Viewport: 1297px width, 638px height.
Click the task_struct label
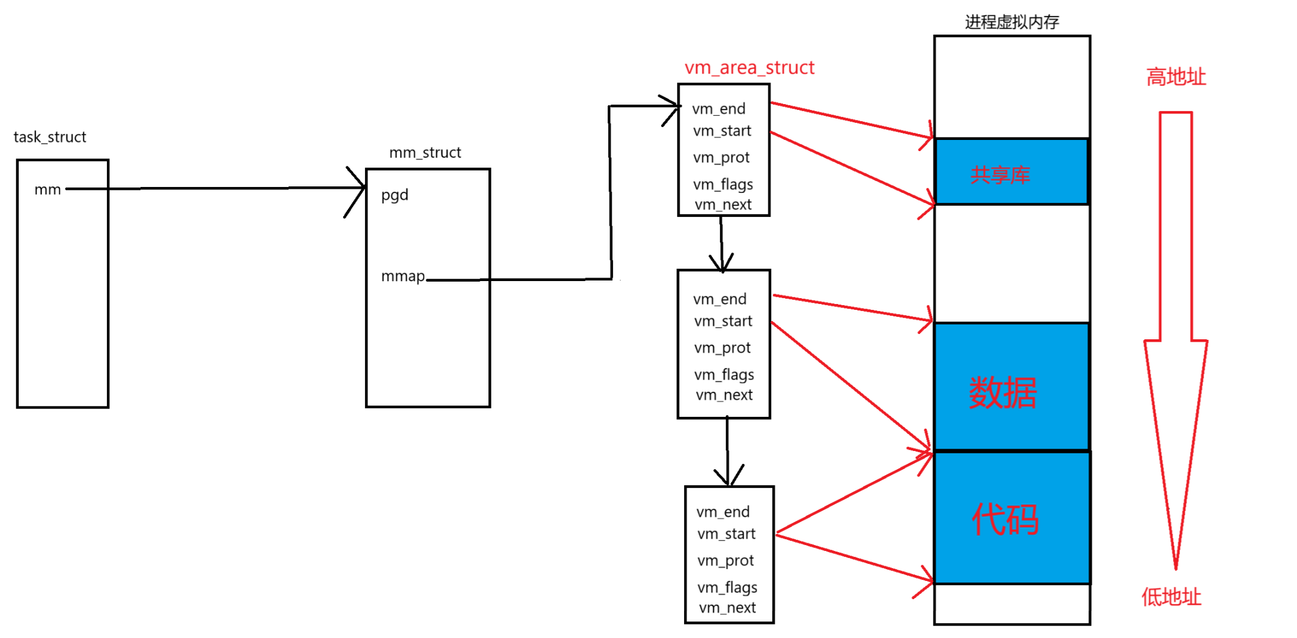(50, 137)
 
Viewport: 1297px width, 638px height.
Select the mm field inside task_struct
(48, 190)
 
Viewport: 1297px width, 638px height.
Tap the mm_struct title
(425, 153)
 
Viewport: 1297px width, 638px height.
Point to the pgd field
(394, 195)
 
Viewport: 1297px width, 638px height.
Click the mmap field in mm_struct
(403, 276)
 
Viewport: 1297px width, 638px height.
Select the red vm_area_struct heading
(749, 68)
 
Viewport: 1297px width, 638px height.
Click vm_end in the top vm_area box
(719, 109)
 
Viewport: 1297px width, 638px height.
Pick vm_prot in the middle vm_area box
(722, 348)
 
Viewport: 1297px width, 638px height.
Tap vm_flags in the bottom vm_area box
(727, 587)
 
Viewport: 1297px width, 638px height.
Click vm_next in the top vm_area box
(723, 205)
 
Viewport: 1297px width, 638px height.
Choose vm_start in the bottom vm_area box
(726, 534)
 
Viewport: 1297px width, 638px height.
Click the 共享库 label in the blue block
(1000, 175)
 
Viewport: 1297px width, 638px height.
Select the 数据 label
(1003, 392)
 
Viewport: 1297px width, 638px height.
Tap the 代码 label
(1005, 519)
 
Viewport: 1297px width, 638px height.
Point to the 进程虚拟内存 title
(1012, 22)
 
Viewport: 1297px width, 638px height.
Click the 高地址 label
(1176, 77)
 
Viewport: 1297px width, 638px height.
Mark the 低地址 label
(1171, 597)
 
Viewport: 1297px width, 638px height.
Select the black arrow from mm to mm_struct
(215, 189)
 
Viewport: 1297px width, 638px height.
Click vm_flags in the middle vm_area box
(724, 375)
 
